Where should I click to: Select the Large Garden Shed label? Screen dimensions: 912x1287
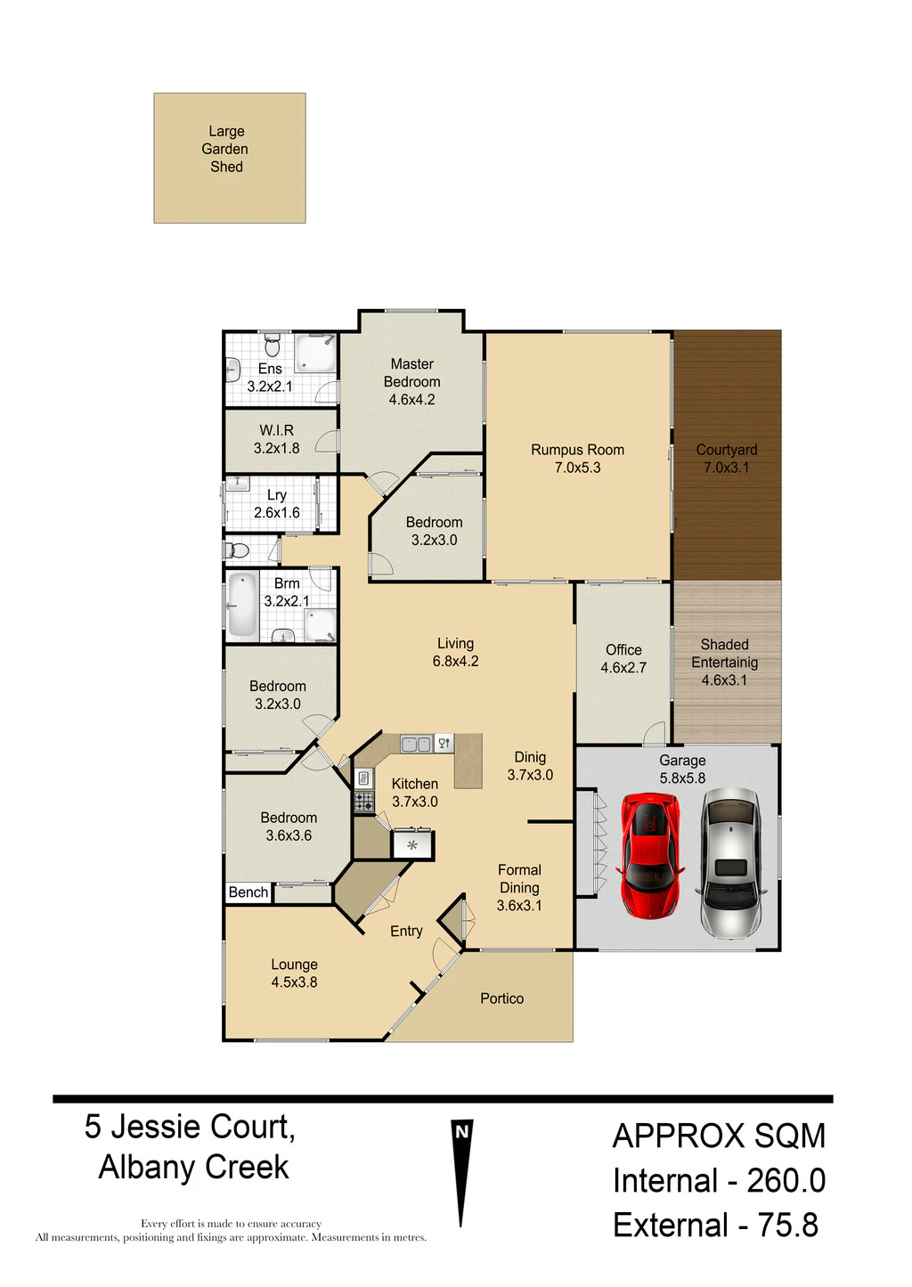pos(225,149)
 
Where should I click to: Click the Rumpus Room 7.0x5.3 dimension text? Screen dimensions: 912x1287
pos(577,468)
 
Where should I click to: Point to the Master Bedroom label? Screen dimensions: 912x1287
pos(412,373)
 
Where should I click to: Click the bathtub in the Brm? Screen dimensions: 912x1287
pos(242,606)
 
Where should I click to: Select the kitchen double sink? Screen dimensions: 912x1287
pos(416,744)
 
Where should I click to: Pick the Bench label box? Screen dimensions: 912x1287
pos(248,892)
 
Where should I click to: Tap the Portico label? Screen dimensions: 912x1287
pos(501,998)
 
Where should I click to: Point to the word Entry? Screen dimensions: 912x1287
pos(406,932)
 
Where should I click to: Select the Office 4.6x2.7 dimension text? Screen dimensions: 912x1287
pos(623,668)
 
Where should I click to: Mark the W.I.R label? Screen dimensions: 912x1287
pos(276,430)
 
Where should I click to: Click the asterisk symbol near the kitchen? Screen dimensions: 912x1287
pos(412,845)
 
